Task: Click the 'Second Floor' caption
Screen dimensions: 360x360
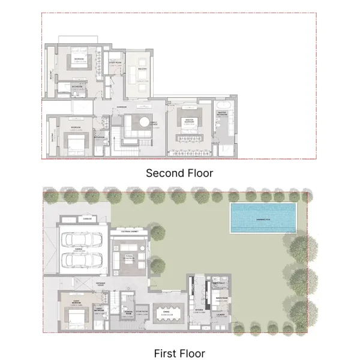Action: (x=180, y=173)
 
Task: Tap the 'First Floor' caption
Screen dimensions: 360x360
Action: (x=179, y=353)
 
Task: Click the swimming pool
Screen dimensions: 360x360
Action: (x=263, y=217)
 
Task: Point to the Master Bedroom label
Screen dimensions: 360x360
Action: (x=189, y=119)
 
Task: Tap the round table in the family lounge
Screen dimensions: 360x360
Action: (x=141, y=122)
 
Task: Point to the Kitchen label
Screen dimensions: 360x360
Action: (x=198, y=310)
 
